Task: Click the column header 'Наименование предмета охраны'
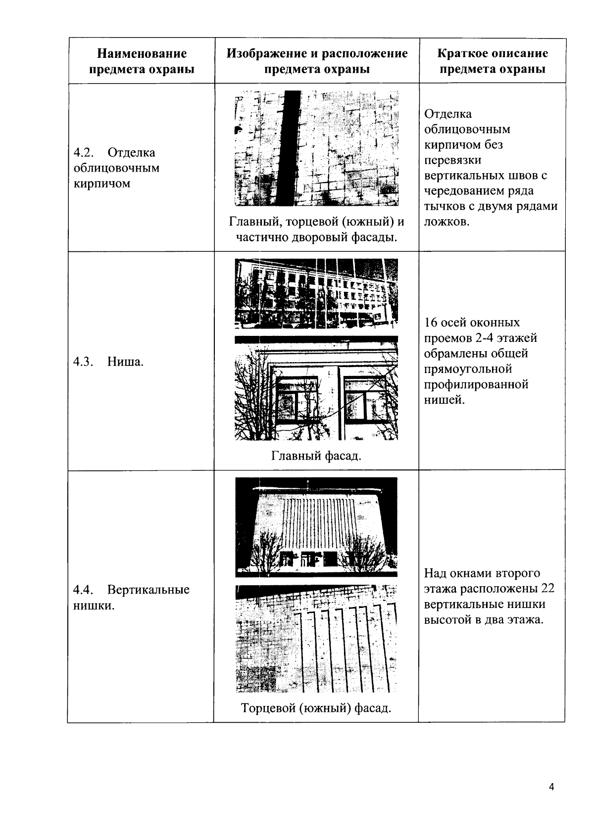(x=141, y=61)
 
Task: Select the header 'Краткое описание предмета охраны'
(x=493, y=61)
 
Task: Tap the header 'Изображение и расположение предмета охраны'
(x=317, y=61)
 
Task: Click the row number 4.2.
(x=83, y=152)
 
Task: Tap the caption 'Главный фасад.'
(x=316, y=455)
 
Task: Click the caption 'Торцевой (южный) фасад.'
(x=316, y=708)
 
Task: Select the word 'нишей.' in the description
(x=445, y=400)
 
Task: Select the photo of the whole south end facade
(x=316, y=527)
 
